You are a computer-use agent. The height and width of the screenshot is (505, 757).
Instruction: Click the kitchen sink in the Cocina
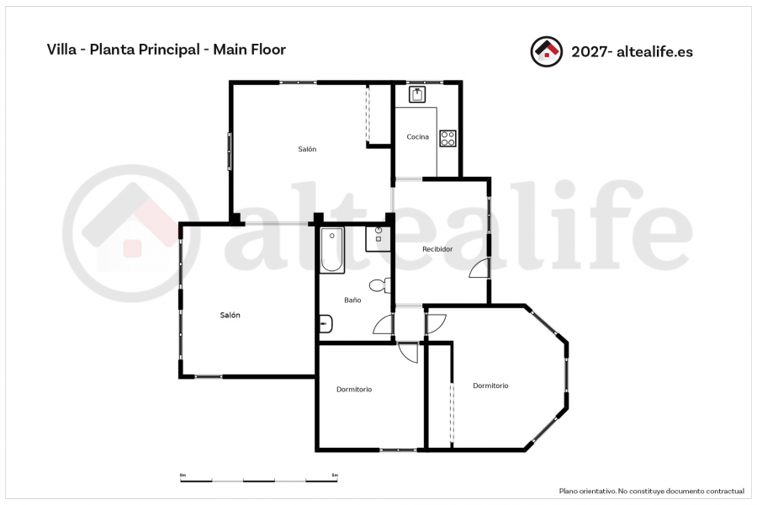pyautogui.click(x=417, y=94)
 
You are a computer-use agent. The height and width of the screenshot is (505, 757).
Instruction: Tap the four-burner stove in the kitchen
pyautogui.click(x=447, y=138)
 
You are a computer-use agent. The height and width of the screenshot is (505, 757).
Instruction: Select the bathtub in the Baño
pyautogui.click(x=332, y=250)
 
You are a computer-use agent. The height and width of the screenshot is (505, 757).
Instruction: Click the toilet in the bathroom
pyautogui.click(x=380, y=285)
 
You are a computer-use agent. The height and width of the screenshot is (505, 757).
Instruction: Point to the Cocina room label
pyautogui.click(x=417, y=136)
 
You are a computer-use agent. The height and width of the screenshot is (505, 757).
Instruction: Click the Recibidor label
pyautogui.click(x=437, y=249)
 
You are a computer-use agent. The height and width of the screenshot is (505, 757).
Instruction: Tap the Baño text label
pyautogui.click(x=352, y=300)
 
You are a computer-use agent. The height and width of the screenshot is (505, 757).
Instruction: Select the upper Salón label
pyautogui.click(x=307, y=149)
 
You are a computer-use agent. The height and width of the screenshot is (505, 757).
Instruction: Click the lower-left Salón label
pyautogui.click(x=230, y=315)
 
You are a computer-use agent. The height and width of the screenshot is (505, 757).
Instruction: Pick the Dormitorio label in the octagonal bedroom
pyautogui.click(x=490, y=385)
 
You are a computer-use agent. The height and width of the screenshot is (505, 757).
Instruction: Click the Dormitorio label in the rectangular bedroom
pyautogui.click(x=354, y=389)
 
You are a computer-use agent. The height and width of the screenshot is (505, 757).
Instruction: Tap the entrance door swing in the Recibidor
pyautogui.click(x=479, y=268)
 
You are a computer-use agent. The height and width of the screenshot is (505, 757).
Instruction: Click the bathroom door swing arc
pyautogui.click(x=384, y=325)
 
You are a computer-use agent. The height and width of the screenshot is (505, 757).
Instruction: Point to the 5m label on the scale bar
pyautogui.click(x=335, y=475)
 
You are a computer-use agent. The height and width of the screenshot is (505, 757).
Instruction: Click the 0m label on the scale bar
pyautogui.click(x=183, y=475)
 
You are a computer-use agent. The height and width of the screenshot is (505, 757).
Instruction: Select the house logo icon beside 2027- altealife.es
pyautogui.click(x=546, y=51)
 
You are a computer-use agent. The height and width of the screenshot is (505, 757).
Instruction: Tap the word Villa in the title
pyautogui.click(x=61, y=50)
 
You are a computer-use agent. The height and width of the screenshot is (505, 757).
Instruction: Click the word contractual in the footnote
pyautogui.click(x=725, y=491)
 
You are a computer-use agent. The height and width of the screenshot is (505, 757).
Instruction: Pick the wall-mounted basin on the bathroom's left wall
pyautogui.click(x=326, y=324)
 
